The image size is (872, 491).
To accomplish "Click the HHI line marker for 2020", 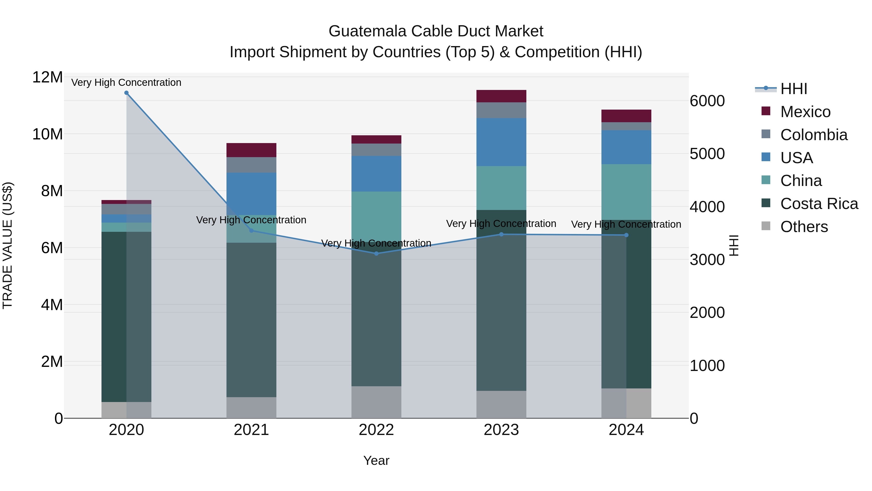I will (x=126, y=93).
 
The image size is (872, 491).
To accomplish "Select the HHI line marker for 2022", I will (x=376, y=253).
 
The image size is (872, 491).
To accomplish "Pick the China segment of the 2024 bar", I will (x=626, y=192).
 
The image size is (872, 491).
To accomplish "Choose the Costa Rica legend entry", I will (x=819, y=204).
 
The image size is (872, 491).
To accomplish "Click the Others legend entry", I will (x=804, y=227).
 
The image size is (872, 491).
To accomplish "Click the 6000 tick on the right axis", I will (x=707, y=101).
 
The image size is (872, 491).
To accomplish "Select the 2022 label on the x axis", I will (x=376, y=430).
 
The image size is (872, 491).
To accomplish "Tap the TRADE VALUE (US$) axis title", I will (x=8, y=245).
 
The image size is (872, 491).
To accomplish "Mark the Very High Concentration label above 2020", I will (x=126, y=83).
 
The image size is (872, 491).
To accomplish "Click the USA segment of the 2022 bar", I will (x=376, y=174).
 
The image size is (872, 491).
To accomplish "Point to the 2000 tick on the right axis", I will (x=707, y=313).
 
